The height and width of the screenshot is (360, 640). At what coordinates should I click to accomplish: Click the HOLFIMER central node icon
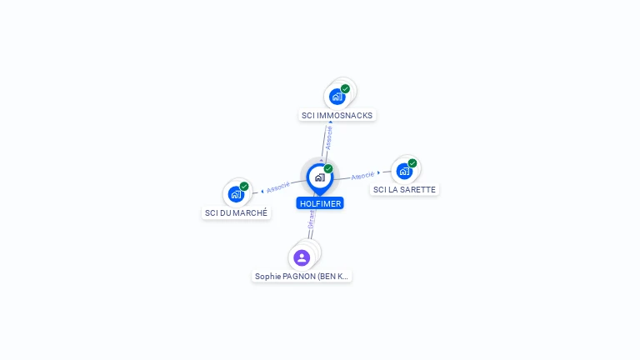(319, 177)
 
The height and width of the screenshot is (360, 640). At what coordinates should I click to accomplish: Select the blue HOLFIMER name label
(320, 203)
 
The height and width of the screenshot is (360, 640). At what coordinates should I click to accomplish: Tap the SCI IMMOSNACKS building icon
(337, 96)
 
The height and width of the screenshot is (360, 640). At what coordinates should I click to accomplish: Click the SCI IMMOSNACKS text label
(337, 115)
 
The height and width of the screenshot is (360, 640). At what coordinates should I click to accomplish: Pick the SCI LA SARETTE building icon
(404, 171)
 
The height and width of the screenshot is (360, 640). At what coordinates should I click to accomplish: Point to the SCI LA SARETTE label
(404, 189)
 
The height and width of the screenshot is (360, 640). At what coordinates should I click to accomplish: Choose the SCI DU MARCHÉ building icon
(236, 194)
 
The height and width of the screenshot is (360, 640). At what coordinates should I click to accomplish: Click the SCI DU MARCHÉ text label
(237, 212)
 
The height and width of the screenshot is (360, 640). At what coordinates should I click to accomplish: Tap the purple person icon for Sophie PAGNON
(302, 257)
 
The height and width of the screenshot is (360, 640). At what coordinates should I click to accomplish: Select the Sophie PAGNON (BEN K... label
(302, 276)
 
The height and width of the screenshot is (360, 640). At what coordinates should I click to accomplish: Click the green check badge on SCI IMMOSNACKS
(345, 88)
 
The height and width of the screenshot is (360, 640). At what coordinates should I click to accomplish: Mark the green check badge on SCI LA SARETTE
(412, 163)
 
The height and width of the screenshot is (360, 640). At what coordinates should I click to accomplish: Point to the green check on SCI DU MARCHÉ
(244, 187)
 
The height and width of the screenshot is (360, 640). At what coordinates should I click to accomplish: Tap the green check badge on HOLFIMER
(328, 168)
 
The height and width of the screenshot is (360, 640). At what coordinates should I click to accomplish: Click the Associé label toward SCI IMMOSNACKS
(329, 137)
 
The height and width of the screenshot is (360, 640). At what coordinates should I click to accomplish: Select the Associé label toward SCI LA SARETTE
(362, 176)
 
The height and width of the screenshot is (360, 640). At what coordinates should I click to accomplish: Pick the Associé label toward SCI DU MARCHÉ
(278, 187)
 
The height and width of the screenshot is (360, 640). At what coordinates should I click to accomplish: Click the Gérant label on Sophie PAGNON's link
(311, 219)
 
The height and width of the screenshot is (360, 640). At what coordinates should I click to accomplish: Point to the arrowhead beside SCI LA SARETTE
(379, 173)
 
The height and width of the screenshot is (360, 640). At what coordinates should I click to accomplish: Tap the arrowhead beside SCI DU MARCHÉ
(262, 191)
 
